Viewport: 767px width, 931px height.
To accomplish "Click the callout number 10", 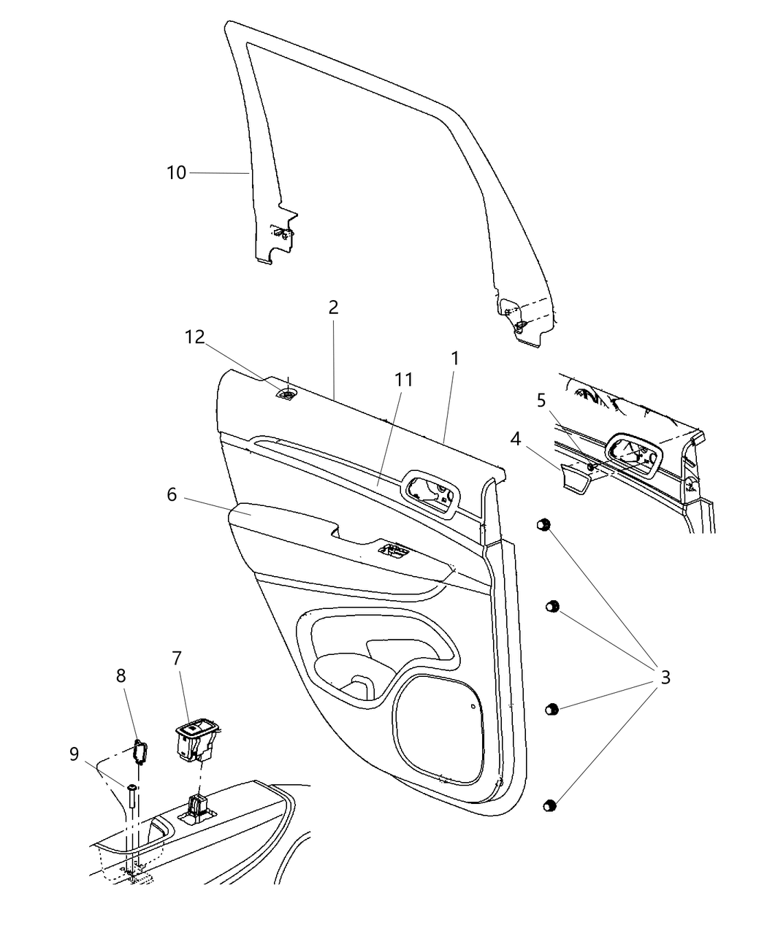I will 177,173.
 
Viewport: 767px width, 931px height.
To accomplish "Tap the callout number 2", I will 333,307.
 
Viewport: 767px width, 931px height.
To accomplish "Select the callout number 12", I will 194,337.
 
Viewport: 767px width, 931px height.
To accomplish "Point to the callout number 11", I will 403,380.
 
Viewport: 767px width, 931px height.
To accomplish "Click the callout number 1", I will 454,359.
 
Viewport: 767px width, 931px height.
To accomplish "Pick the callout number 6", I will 172,494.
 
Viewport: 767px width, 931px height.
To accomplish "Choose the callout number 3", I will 665,677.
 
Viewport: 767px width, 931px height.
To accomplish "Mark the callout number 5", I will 541,400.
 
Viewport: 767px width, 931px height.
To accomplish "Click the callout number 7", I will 176,658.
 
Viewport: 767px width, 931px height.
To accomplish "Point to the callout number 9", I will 74,754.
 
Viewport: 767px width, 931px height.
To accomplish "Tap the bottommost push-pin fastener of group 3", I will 551,805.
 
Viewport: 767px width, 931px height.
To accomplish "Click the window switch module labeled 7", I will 191,737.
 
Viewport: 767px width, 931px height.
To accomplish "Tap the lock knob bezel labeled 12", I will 288,395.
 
